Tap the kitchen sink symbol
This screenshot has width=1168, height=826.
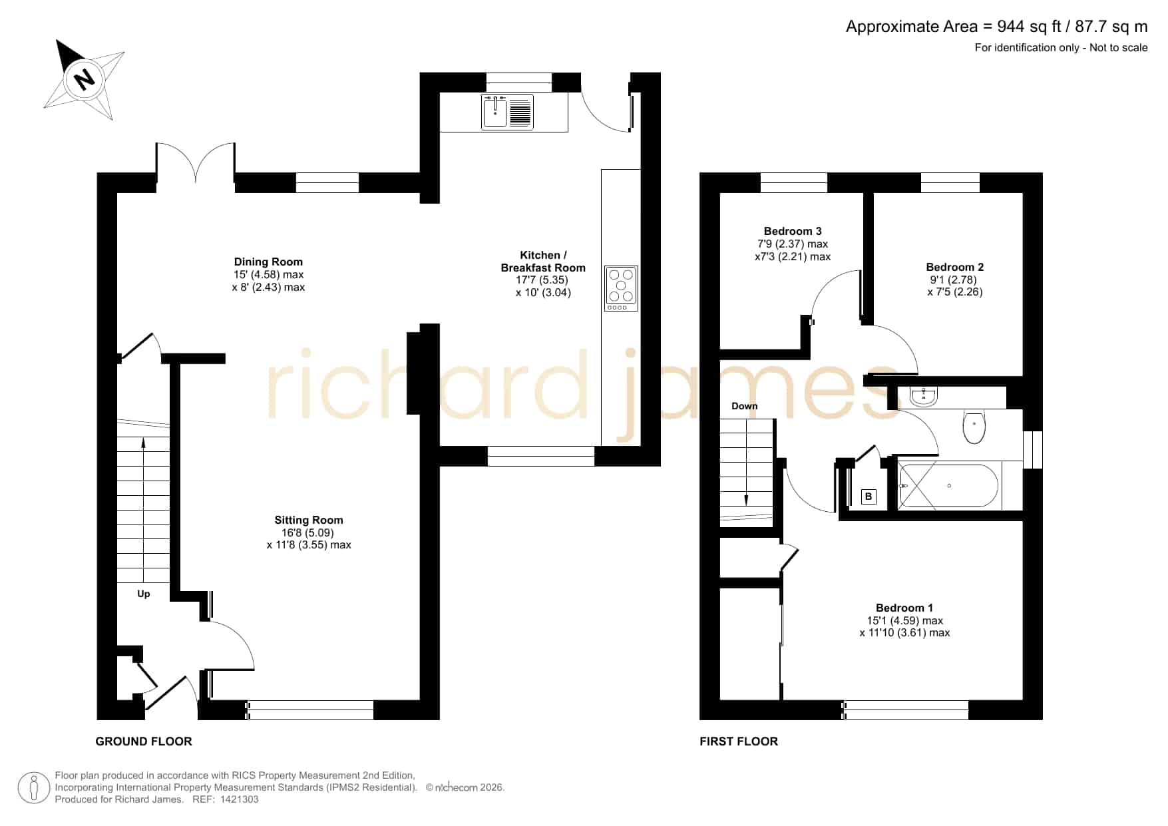coord(507,112)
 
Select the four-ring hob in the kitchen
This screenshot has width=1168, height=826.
coord(621,288)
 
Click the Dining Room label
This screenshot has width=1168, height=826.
coord(268,262)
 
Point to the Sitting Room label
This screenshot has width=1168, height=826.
coord(309,520)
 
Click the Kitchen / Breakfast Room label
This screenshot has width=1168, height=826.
coord(543,262)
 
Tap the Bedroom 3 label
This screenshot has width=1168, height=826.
coord(793,231)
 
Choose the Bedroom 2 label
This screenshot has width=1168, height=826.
coord(955,267)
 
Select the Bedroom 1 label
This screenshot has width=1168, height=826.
coord(904,608)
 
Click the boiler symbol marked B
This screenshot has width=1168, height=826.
coord(869,497)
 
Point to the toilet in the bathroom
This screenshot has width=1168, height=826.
coord(974,427)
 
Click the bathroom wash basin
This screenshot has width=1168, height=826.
coord(924,397)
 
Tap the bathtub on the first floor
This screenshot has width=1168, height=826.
coord(948,486)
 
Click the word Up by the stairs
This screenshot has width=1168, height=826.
coord(144,594)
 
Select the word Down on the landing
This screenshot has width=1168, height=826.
coord(745,406)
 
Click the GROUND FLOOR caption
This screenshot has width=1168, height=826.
coord(144,741)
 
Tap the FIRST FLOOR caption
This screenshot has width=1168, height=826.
coord(739,741)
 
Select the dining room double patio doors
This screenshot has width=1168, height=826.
coord(196,162)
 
